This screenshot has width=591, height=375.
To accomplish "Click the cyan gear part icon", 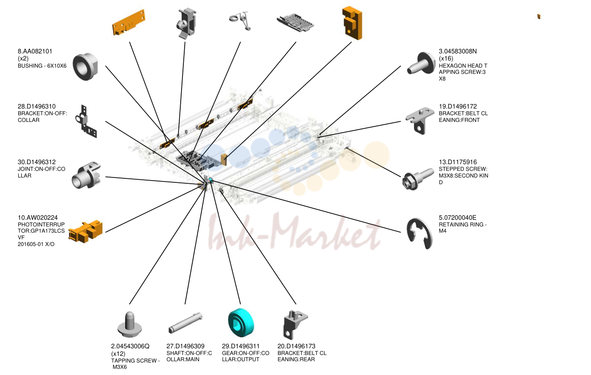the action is tap(241, 323).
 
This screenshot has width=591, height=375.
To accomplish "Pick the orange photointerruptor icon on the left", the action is tap(85, 231).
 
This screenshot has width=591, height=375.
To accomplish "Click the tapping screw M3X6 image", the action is tap(129, 324).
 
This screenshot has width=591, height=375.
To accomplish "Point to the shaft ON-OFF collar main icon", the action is tap(185, 323).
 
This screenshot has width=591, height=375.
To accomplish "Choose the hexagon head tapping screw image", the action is tap(421, 63).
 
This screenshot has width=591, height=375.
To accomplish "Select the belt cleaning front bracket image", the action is tap(420, 120).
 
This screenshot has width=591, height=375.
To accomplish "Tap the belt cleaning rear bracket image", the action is tap(295, 325).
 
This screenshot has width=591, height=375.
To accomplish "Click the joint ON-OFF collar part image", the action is tap(86, 175).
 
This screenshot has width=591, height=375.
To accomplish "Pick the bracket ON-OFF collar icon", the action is tap(86, 121).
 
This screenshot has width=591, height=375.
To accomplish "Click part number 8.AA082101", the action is tap(35, 51).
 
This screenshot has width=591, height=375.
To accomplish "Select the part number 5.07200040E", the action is tap(457, 218).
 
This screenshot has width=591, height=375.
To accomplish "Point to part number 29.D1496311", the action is tap(241, 346).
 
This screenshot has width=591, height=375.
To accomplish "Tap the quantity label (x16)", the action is tap(446, 58).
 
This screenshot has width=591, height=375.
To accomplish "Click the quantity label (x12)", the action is tap(118, 353).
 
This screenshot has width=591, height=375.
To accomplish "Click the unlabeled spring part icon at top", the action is tap(240, 21).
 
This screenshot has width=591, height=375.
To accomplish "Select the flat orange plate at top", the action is tap(129, 22).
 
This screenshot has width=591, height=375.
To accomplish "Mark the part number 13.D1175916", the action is tap(458, 162).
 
